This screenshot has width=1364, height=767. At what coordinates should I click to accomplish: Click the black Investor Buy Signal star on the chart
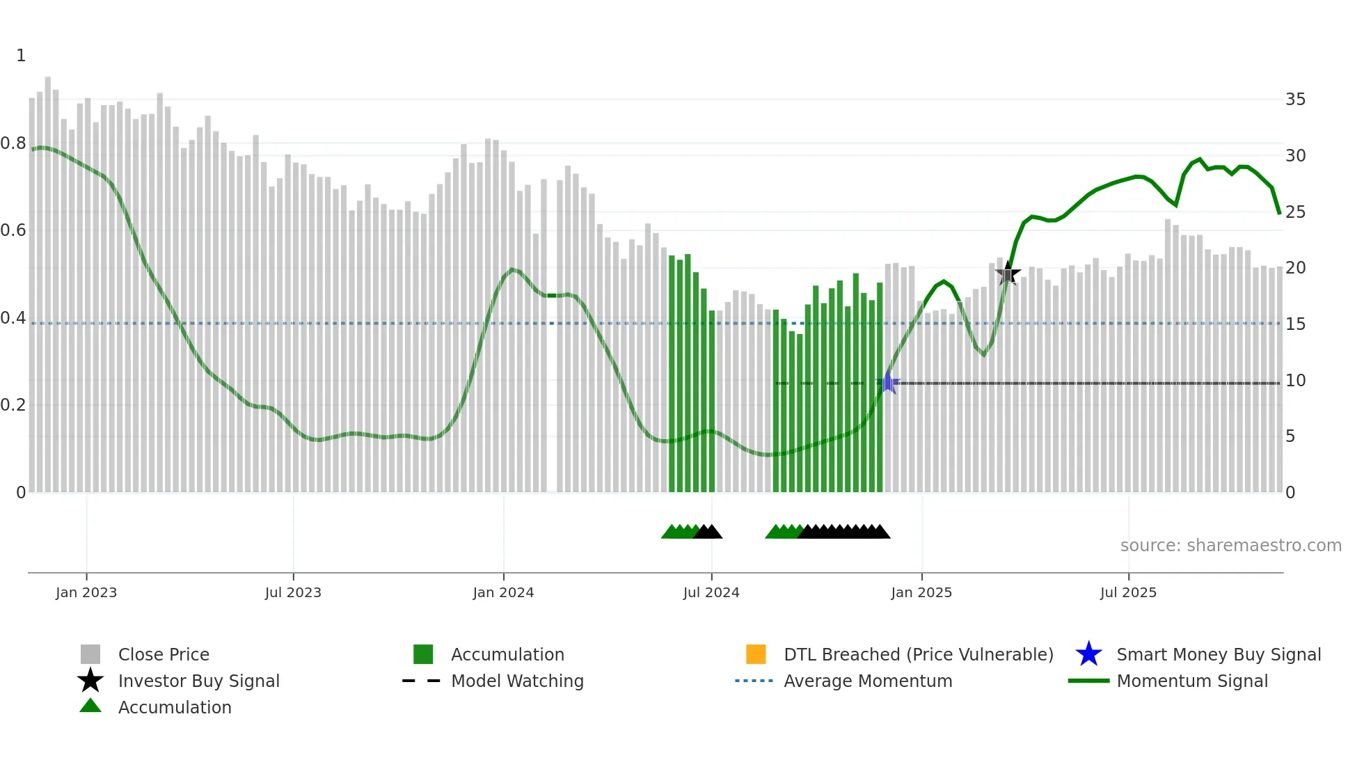pos(1008,274)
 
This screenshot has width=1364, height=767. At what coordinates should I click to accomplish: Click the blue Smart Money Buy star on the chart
pos(887,383)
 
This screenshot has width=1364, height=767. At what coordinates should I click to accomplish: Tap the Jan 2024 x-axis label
pos(503,592)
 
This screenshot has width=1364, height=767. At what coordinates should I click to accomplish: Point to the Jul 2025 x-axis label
pos(1128,592)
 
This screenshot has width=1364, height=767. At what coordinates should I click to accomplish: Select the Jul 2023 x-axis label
pos(293,592)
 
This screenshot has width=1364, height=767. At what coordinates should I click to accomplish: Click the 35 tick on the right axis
pos(1295,100)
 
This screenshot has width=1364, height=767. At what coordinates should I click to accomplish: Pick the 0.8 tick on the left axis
pos(13,143)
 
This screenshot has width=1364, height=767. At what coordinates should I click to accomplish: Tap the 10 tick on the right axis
pos(1295,381)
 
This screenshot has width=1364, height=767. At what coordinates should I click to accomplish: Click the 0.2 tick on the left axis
pos(13,405)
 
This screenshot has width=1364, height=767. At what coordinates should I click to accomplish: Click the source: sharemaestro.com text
pos(1230,546)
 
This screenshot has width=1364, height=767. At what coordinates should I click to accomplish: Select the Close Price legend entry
pos(164,654)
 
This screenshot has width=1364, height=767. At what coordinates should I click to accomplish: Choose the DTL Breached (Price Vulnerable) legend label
pos(918,654)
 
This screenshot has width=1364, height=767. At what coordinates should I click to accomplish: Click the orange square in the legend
pos(756,654)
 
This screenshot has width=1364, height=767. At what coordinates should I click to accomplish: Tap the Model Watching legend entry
pos(517,681)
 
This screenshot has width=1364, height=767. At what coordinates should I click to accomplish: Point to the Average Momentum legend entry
pos(868,681)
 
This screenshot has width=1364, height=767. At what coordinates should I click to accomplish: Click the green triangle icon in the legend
pos(90,706)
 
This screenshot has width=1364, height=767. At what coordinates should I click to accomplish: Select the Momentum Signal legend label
pos(1192,681)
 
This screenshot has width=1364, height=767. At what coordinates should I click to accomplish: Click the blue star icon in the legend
pos(1088,654)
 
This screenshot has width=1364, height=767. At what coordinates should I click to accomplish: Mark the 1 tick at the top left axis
pos(21,56)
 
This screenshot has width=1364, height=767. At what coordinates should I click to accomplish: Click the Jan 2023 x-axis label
pos(86,592)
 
